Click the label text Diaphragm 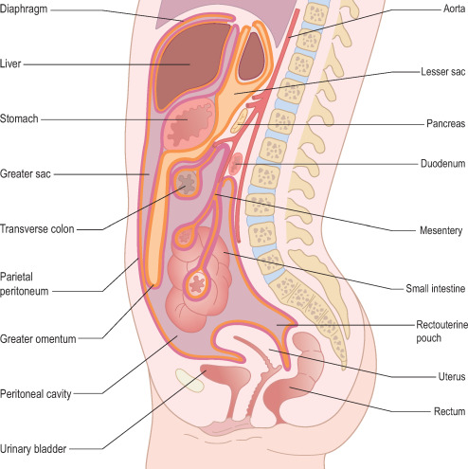pyautogui.click(x=24, y=9)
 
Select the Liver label pyautogui.click(x=10, y=63)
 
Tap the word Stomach pyautogui.click(x=19, y=118)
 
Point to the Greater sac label pyautogui.click(x=26, y=173)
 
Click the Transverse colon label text pyautogui.click(x=37, y=229)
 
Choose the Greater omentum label pyautogui.click(x=38, y=339)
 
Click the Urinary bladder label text pyautogui.click(x=33, y=449)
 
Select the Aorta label pyautogui.click(x=454, y=9)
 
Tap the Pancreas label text pyautogui.click(x=445, y=123)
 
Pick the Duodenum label pyautogui.click(x=442, y=164)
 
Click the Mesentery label pyautogui.click(x=441, y=231)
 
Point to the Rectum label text pyautogui.click(x=449, y=411)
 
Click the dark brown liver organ pyautogui.click(x=189, y=63)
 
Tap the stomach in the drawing pyautogui.click(x=189, y=124)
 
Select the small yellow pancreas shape pyautogui.click(x=239, y=121)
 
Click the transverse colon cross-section pyautogui.click(x=187, y=183)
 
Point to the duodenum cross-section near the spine pyautogui.click(x=235, y=164)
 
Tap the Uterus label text pyautogui.click(x=452, y=376)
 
